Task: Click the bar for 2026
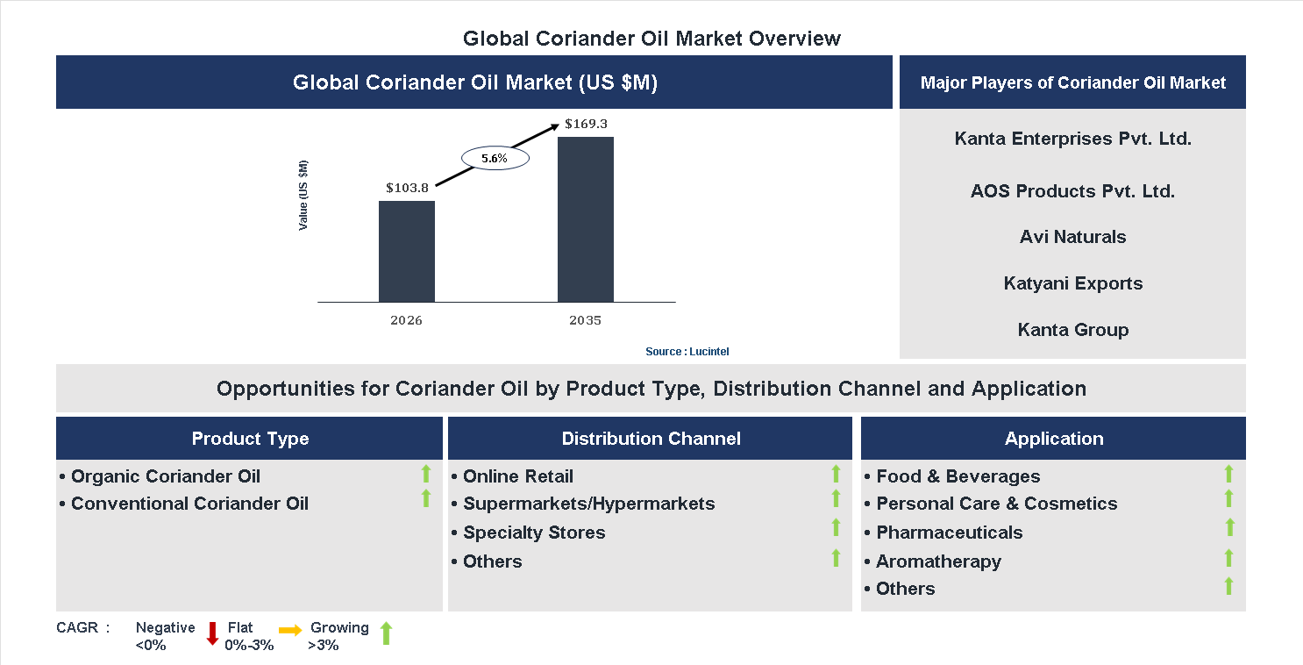click(x=406, y=251)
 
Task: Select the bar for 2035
click(x=585, y=219)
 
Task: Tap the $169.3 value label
click(x=586, y=124)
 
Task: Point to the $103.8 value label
click(x=407, y=188)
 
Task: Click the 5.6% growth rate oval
click(x=495, y=159)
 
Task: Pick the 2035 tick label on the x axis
click(x=585, y=320)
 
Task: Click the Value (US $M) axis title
click(x=303, y=196)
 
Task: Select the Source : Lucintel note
click(x=687, y=352)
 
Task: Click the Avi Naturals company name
click(x=1072, y=237)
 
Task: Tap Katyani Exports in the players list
click(x=1072, y=283)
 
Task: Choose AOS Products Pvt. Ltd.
click(x=1072, y=191)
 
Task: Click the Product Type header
click(x=250, y=439)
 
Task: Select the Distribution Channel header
click(x=651, y=439)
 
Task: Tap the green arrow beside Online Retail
click(x=836, y=475)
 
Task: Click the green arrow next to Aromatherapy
click(x=1228, y=558)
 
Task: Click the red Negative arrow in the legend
click(x=212, y=633)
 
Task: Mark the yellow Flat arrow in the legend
click(x=290, y=630)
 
